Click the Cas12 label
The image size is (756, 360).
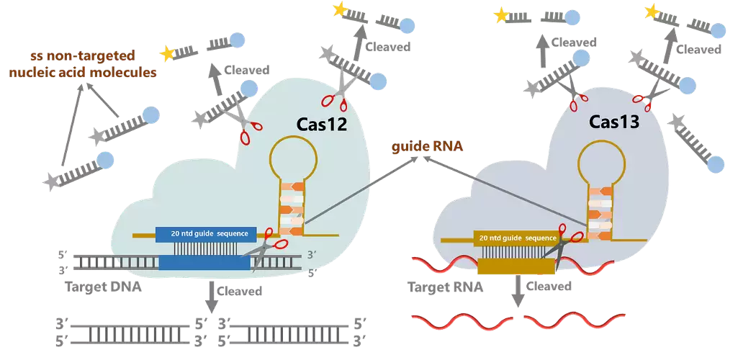tap(322, 125)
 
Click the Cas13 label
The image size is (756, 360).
tap(615, 123)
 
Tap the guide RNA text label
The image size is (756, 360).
tap(427, 147)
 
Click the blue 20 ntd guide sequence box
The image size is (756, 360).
tap(204, 234)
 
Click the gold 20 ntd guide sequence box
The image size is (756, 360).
tap(517, 237)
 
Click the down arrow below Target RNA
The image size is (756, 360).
tap(516, 293)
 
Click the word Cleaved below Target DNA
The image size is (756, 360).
tap(239, 291)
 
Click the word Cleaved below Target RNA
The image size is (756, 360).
tap(549, 287)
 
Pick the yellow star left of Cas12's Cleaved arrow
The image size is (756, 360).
tap(167, 53)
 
